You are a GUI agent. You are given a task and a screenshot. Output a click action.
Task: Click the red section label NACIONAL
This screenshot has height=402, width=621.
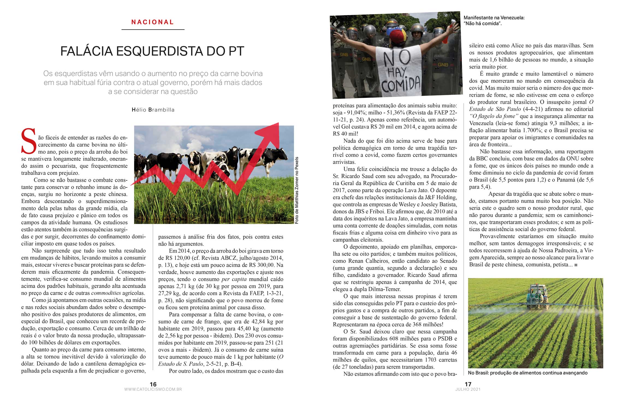(153, 22)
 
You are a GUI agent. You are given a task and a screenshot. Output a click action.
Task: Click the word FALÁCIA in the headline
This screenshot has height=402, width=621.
(87, 51)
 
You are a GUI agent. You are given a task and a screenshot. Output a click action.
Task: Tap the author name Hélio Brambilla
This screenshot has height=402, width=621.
(153, 110)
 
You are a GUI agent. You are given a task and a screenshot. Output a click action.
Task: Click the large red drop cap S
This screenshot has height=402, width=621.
(29, 142)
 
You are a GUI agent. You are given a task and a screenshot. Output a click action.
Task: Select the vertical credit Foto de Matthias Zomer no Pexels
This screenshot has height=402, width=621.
(297, 190)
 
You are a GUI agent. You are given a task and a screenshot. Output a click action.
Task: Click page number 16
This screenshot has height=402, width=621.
(153, 384)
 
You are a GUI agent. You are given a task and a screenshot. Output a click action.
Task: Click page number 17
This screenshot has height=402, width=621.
(468, 384)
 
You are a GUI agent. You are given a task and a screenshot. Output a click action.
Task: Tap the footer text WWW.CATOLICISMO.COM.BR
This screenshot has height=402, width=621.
(153, 389)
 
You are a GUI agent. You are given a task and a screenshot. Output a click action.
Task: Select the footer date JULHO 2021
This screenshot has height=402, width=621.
(468, 389)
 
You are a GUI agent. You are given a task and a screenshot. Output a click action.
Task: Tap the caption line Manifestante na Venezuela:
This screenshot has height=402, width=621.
(494, 18)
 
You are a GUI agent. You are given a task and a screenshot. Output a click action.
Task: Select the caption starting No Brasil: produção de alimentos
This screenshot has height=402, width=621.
(527, 373)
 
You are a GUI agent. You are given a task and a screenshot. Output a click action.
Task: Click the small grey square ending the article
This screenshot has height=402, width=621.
(576, 265)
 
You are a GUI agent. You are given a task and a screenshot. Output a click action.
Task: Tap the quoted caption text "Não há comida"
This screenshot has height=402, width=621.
(483, 24)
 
